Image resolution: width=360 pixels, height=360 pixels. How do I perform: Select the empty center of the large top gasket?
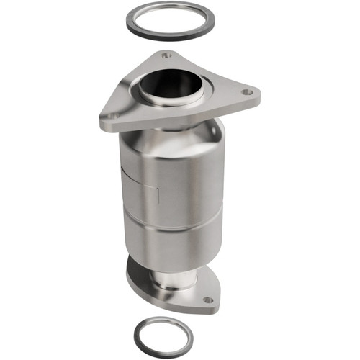167,19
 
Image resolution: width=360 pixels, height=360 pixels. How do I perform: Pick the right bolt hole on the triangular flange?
246,92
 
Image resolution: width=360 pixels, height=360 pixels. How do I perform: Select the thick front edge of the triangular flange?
180,120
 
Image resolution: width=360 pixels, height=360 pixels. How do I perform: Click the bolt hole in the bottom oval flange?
208,299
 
